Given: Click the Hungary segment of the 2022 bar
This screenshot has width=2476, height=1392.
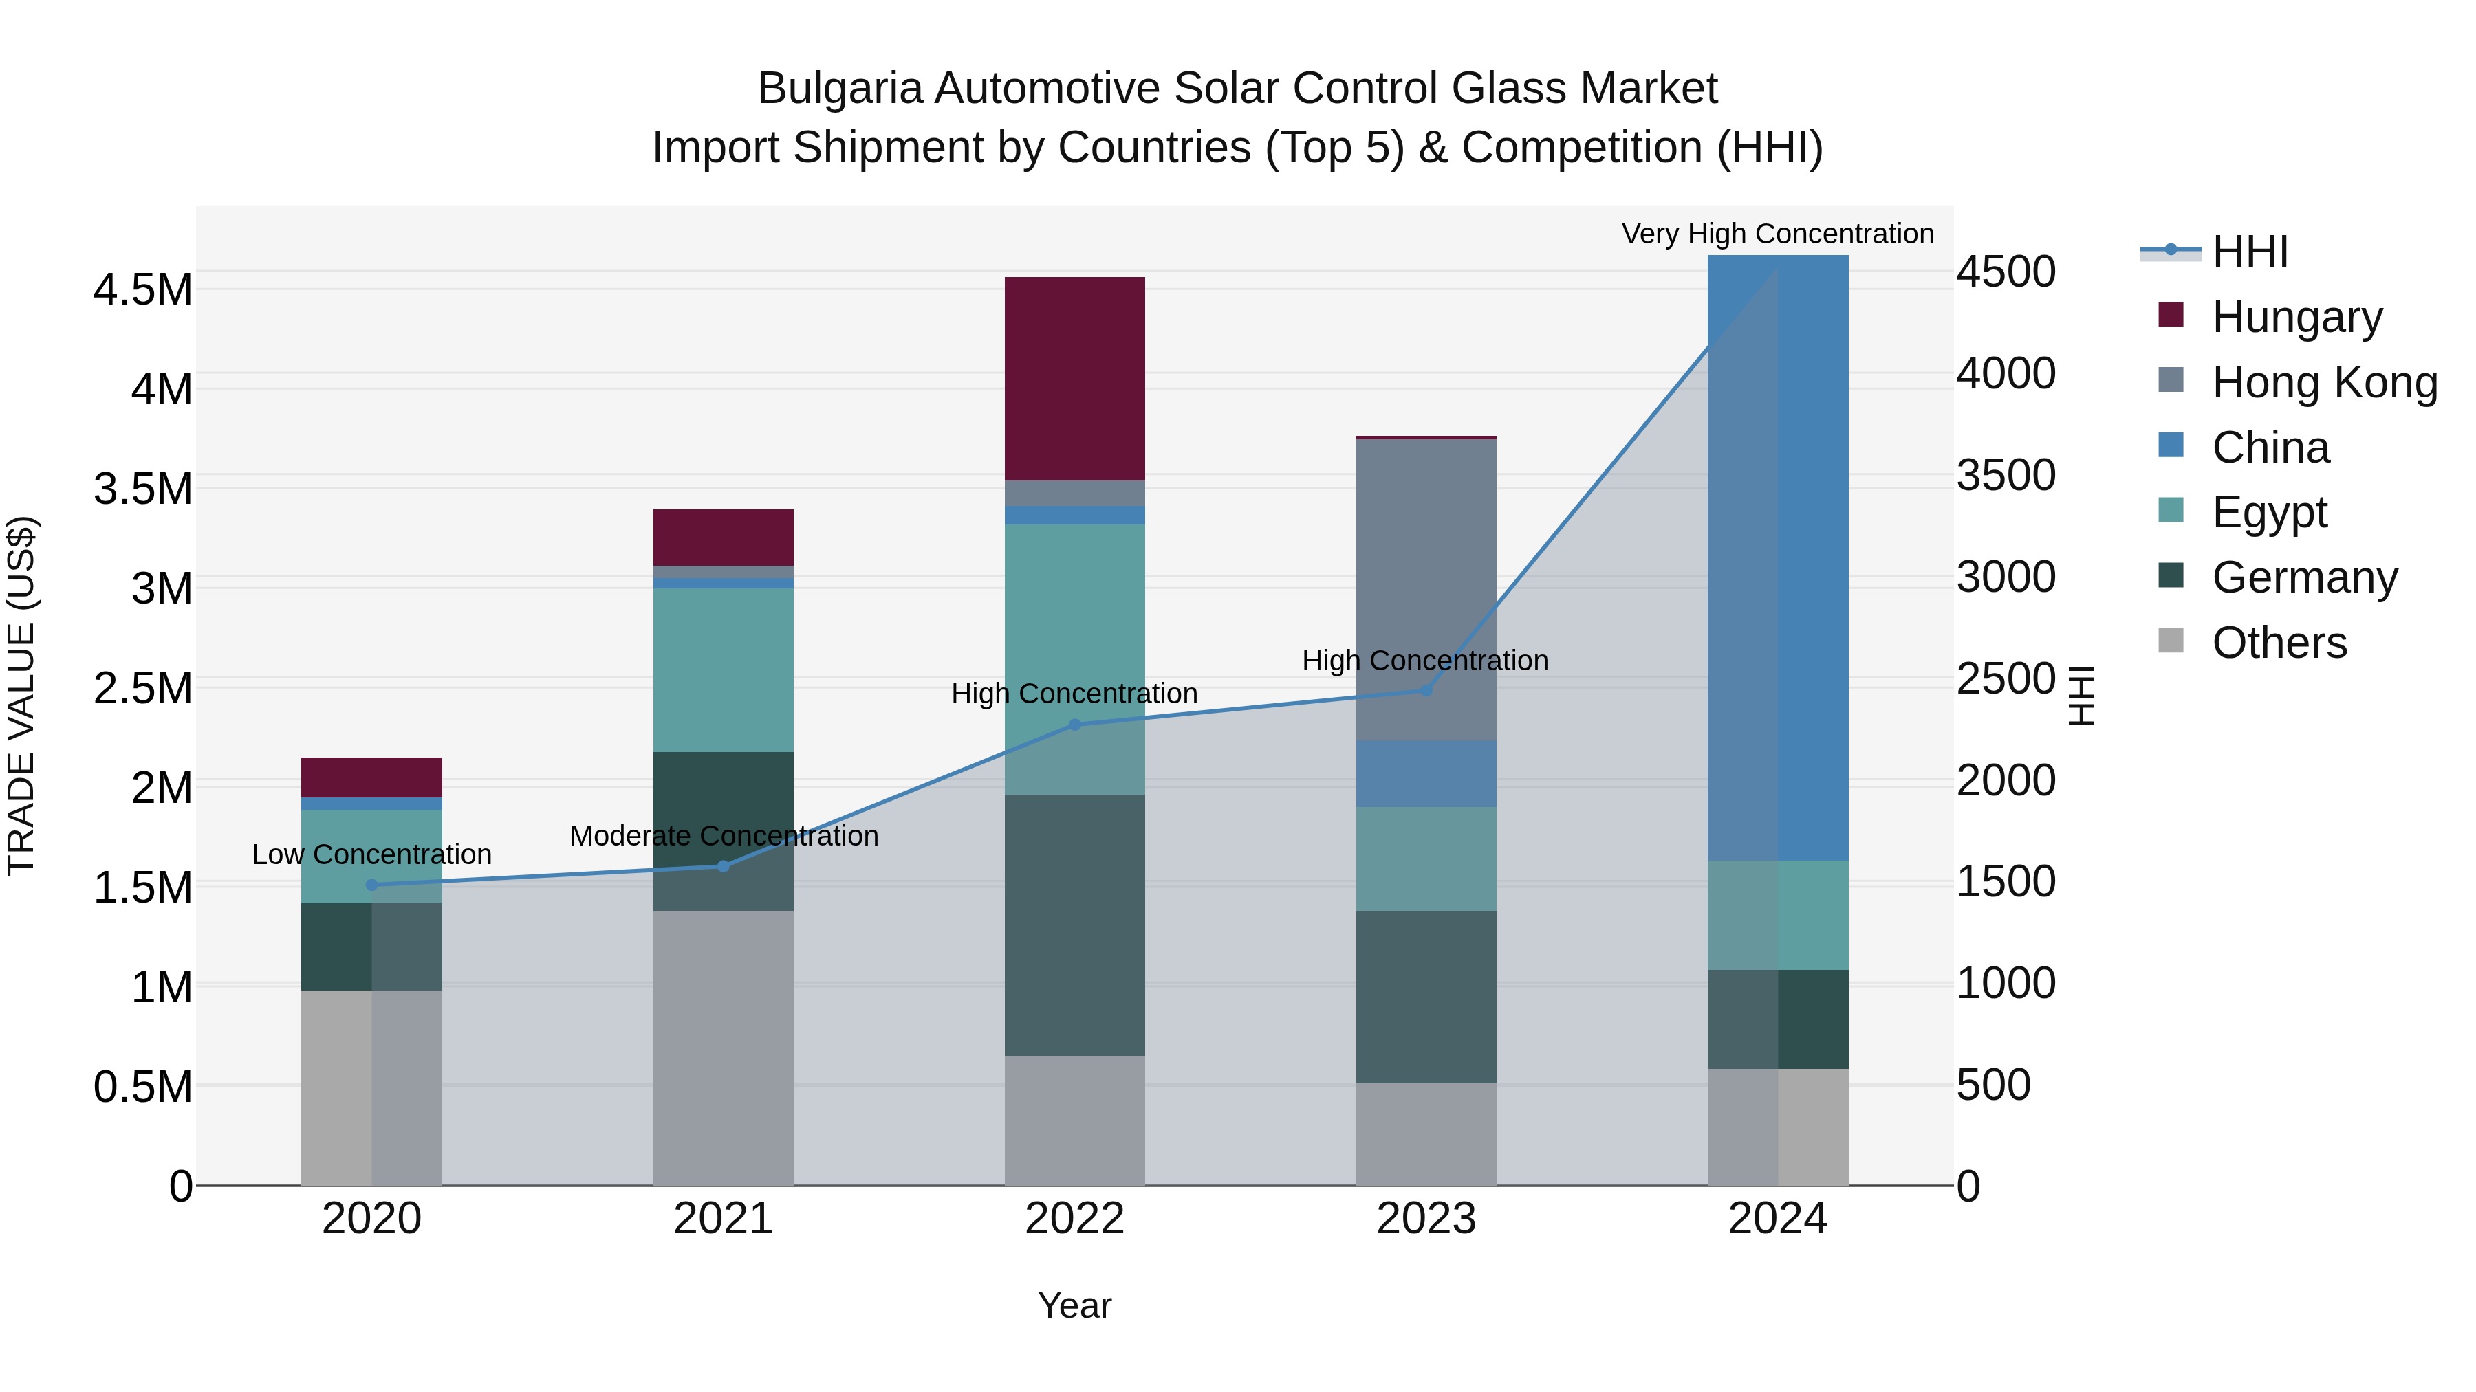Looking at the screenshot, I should (1074, 379).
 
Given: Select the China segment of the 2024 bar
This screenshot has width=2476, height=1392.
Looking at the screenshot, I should (1777, 557).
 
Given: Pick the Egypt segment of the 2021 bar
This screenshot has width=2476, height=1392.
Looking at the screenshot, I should (723, 670).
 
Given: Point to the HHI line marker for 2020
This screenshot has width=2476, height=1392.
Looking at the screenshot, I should (372, 885).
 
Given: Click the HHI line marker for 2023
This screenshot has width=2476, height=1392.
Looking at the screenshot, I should (1426, 689).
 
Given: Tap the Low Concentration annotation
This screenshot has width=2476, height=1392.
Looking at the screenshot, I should (372, 854).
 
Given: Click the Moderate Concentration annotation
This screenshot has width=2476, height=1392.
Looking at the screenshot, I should (723, 836).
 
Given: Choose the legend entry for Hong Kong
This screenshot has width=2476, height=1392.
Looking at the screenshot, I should (2323, 382).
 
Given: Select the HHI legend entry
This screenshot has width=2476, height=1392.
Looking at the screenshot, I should (2249, 252).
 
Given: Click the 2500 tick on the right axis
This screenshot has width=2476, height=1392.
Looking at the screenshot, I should (2006, 678).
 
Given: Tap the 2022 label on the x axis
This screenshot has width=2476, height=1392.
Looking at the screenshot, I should (1074, 1219).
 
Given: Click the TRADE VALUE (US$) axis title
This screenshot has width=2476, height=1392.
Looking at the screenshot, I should (21, 696).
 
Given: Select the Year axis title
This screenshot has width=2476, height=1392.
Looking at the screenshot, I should (1074, 1305).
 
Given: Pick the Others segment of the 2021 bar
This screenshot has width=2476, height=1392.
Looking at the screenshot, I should (723, 1047).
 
